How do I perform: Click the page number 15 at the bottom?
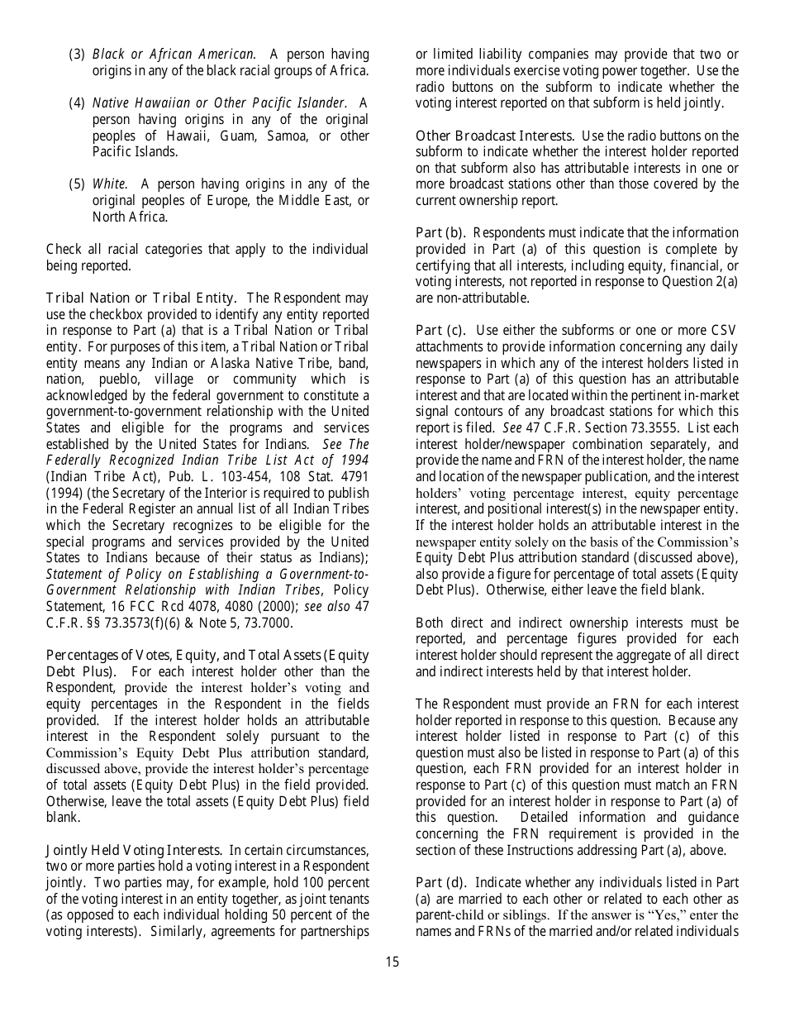392,962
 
